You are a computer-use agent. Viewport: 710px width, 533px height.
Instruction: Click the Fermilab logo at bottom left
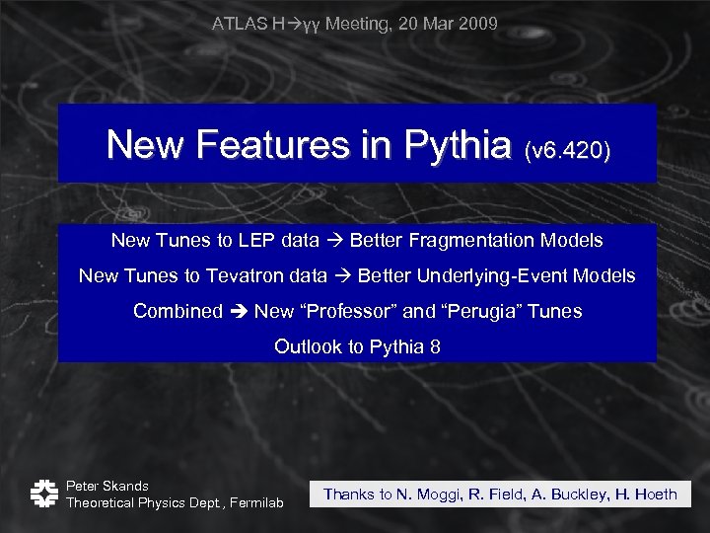[41, 494]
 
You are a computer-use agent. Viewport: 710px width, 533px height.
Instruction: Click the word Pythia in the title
[462, 145]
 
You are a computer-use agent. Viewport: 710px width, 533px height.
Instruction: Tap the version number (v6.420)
[569, 150]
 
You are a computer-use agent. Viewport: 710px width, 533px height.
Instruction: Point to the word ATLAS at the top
[238, 23]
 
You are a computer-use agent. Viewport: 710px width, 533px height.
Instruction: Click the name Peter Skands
[107, 486]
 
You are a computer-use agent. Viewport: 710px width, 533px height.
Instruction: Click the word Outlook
[306, 347]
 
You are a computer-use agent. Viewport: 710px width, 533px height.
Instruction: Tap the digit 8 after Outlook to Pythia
[435, 347]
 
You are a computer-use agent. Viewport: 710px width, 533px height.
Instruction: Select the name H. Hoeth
[646, 495]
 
